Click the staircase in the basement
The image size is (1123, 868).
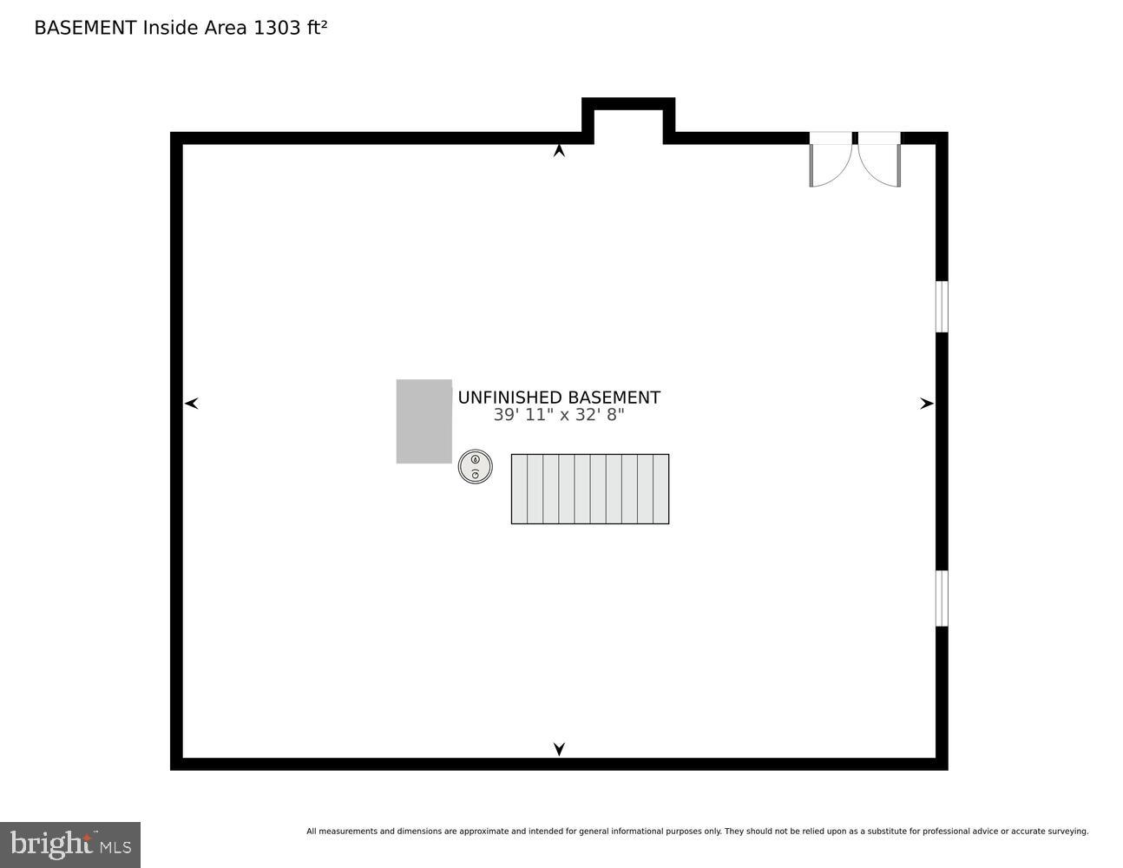[589, 489]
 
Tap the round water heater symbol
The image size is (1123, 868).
[475, 466]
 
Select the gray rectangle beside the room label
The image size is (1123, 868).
[424, 421]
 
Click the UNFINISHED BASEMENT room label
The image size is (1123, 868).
[559, 398]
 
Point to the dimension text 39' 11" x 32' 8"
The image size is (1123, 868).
[559, 415]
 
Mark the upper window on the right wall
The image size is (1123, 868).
[941, 306]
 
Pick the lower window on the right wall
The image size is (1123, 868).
[941, 598]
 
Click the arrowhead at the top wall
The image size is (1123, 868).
[559, 151]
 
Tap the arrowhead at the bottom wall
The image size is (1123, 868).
[559, 748]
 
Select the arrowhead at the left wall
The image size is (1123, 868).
[192, 403]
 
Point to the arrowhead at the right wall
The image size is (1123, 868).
[926, 403]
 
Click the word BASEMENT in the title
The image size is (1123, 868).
[85, 28]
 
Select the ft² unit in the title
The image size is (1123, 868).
[315, 27]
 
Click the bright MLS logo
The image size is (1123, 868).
[70, 845]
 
